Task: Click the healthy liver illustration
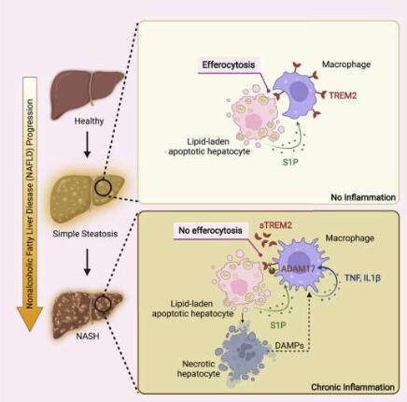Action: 87,93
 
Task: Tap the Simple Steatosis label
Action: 85,234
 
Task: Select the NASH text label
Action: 88,337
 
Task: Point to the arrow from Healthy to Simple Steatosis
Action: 88,144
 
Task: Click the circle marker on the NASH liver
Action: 103,304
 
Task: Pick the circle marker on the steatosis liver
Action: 103,187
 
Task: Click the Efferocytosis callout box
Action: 229,65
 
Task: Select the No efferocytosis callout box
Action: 210,231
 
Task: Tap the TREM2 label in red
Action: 343,95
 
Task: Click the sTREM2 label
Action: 276,225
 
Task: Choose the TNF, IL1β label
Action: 362,278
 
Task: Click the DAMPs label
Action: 289,346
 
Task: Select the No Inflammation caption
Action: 363,197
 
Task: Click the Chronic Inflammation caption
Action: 353,387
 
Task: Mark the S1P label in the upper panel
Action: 290,162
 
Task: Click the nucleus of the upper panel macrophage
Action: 299,89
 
